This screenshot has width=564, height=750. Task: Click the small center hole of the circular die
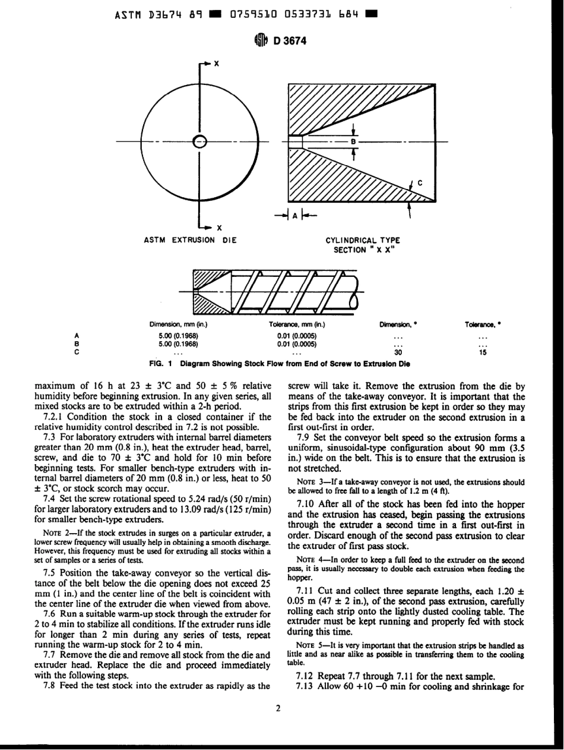200,141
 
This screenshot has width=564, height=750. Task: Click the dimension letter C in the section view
420,183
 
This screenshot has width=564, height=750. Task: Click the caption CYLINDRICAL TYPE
363,240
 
